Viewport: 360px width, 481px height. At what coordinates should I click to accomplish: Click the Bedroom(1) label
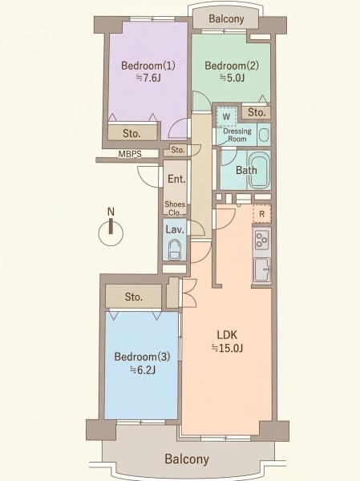point(148,66)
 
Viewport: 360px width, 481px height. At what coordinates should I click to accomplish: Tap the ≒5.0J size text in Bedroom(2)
point(232,78)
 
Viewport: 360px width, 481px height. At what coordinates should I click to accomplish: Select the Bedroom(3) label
point(142,357)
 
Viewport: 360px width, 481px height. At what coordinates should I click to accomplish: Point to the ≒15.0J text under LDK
point(227,348)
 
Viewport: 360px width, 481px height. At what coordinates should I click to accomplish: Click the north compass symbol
point(111,230)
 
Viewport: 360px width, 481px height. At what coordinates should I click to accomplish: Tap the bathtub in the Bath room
point(259,170)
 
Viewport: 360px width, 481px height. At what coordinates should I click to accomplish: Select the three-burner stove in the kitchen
point(262,240)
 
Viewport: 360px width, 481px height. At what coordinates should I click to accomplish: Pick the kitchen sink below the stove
point(262,269)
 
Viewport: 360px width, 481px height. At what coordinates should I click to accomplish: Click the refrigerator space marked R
point(262,213)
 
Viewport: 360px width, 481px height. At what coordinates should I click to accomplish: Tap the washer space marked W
point(226,116)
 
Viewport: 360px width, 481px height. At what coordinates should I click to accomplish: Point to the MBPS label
point(130,154)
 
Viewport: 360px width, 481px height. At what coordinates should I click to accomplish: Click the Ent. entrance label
point(176,179)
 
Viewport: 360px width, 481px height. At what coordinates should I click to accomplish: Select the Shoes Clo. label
point(175,208)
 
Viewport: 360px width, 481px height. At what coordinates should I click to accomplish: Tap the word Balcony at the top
point(226,18)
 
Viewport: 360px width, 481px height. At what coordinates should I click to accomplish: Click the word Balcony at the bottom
point(187,459)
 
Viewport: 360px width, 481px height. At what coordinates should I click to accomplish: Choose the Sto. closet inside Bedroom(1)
point(132,133)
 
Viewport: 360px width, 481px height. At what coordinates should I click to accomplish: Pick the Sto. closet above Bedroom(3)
point(134,297)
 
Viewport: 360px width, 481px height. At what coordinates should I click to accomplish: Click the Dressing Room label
point(237,135)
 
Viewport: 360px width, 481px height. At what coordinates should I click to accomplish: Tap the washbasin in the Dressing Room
point(264,135)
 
